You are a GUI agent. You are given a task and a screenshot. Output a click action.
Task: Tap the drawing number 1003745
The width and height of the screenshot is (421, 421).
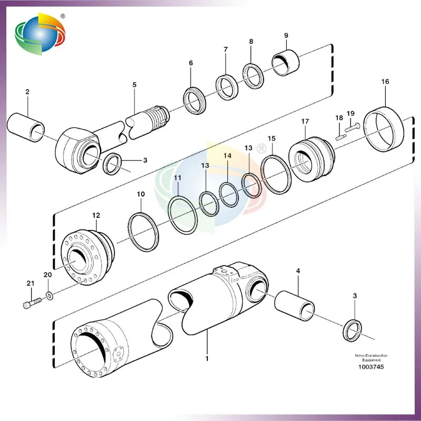pyautogui.click(x=371, y=367)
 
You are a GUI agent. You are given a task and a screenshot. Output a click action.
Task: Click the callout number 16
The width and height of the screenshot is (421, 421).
pyautogui.click(x=385, y=82)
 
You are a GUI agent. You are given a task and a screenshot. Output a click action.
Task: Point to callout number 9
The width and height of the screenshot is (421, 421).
pyautogui.click(x=286, y=35)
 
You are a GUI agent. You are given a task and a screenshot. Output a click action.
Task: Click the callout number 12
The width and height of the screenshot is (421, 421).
pyautogui.click(x=96, y=216)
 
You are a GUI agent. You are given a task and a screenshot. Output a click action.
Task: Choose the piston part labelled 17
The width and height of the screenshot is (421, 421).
pyautogui.click(x=312, y=158)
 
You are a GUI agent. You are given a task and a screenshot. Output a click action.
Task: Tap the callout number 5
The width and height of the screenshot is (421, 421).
pyautogui.click(x=134, y=84)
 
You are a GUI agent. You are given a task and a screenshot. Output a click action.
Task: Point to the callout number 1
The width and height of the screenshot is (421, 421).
pyautogui.click(x=207, y=359)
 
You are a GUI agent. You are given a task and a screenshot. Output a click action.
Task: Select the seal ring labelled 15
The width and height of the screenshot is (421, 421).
pyautogui.click(x=276, y=174)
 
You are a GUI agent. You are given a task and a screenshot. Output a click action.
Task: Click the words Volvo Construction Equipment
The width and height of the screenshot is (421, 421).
pyautogui.click(x=371, y=358)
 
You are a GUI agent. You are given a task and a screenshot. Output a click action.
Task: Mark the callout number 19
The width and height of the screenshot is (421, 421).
pyautogui.click(x=350, y=113)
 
